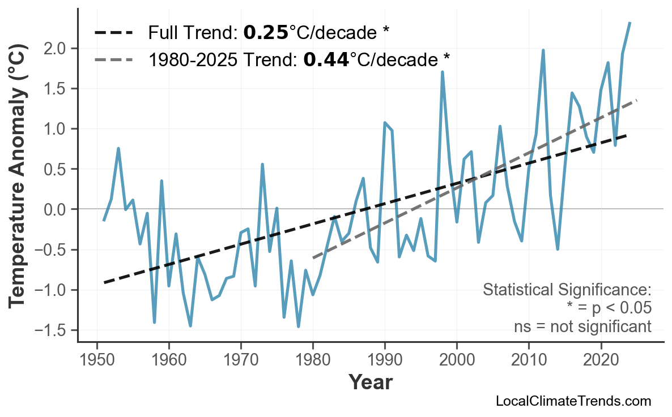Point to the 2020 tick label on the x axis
[601, 360]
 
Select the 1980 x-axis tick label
[313, 360]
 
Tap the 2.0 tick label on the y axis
[56, 49]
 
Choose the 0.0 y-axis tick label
[56, 209]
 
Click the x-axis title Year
[370, 382]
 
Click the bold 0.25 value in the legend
[266, 33]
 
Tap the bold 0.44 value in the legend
[326, 59]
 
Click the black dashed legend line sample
[113, 33]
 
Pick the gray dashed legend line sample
[113, 59]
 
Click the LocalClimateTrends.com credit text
[573, 401]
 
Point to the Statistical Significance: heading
[567, 290]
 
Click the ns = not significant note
[582, 326]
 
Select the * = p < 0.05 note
[609, 308]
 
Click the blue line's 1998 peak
[442, 72]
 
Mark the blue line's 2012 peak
[543, 50]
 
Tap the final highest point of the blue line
[630, 23]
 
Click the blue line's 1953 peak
[118, 148]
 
